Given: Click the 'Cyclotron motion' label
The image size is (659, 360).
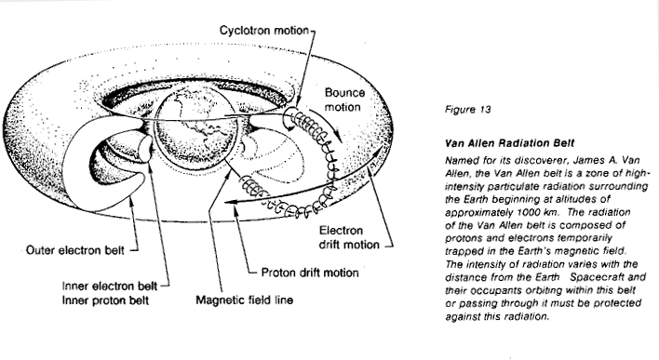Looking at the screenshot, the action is pos(264,31).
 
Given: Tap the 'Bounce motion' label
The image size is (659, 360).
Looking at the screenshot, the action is pos(344,100).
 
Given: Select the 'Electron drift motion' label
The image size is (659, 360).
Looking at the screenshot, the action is pos(349,237).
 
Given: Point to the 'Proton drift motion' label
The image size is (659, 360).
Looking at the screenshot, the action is pos(310,273).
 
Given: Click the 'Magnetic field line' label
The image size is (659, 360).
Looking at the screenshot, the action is pos(244,300).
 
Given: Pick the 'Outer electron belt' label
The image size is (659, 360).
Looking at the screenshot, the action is pos(74,250).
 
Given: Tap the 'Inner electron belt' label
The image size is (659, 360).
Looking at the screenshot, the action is pos(110,287).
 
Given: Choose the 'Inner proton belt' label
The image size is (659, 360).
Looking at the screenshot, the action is pos(105,300).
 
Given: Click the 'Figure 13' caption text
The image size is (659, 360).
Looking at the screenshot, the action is pos(468,110).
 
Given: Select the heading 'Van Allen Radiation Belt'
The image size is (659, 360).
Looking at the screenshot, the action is pos(509,143).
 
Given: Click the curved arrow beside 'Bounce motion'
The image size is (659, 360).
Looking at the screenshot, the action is pos(326,125).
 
